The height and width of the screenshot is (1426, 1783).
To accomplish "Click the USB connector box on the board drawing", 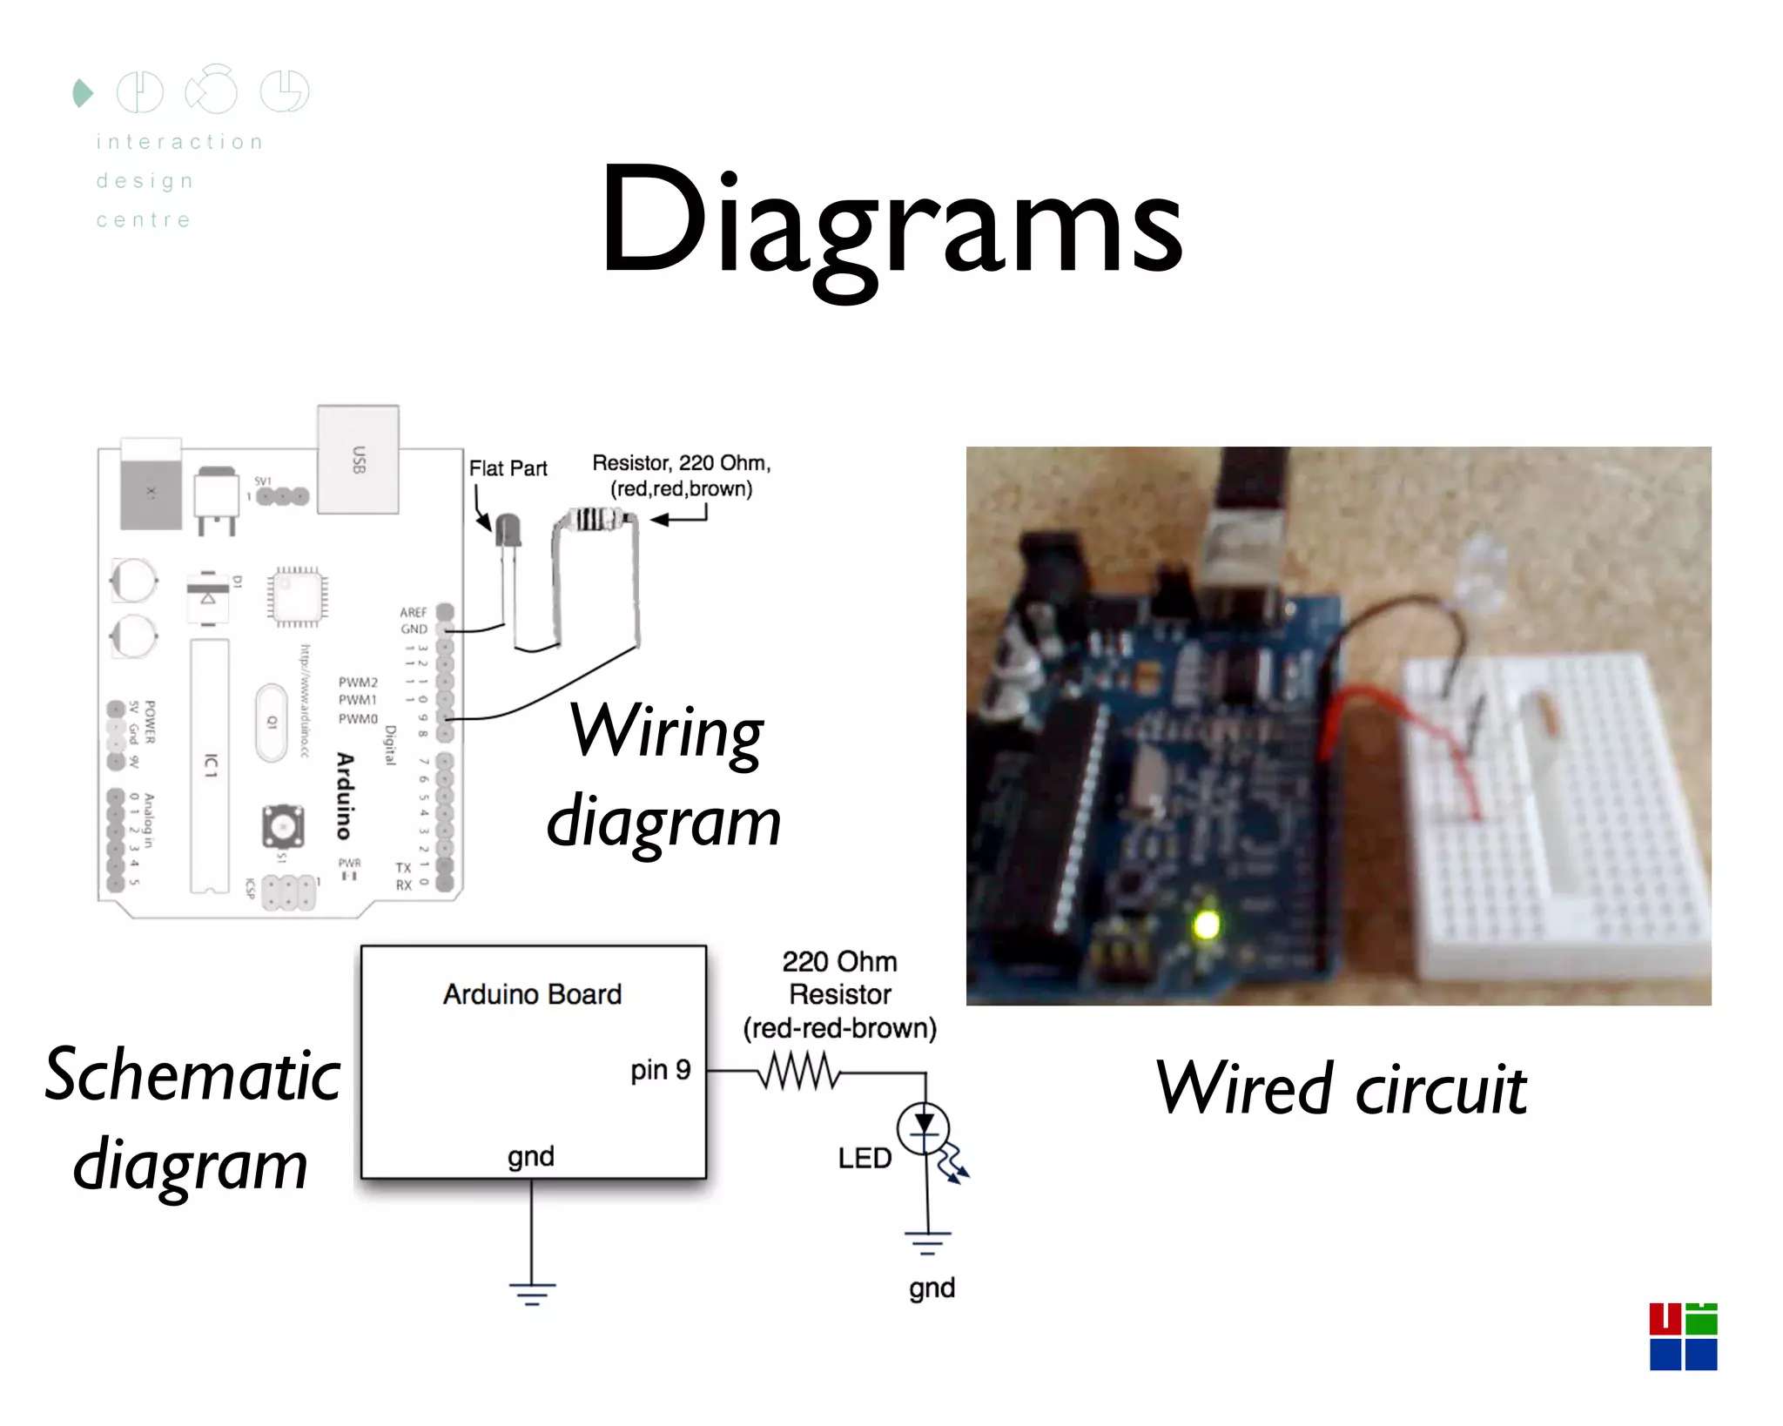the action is pyautogui.click(x=358, y=459).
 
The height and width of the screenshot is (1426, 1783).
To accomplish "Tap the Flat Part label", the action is pyautogui.click(x=508, y=468).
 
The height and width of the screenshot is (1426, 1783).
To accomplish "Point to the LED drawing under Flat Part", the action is pyautogui.click(x=508, y=530).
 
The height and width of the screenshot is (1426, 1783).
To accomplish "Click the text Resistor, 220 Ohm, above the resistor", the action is pyautogui.click(x=681, y=463).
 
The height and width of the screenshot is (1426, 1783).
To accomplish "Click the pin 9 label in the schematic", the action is pyautogui.click(x=660, y=1069).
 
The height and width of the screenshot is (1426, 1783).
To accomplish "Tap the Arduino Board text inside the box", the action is pyautogui.click(x=532, y=994).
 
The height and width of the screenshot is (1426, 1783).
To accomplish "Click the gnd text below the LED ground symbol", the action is pyautogui.click(x=932, y=1288).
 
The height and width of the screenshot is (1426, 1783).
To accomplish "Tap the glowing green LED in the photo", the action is pyautogui.click(x=1206, y=924).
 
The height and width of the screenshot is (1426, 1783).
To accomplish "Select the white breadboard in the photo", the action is pyautogui.click(x=1558, y=818).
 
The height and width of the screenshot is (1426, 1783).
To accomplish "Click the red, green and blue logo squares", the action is pyautogui.click(x=1682, y=1336).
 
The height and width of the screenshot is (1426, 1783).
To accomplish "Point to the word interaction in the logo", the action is pyautogui.click(x=179, y=142).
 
